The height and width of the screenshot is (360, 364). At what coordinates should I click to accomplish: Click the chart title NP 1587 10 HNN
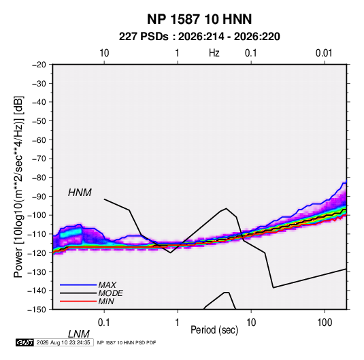pyautogui.click(x=199, y=19)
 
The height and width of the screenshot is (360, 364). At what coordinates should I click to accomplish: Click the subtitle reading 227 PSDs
pyautogui.click(x=144, y=37)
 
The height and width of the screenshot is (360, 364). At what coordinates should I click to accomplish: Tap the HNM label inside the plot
pyautogui.click(x=80, y=193)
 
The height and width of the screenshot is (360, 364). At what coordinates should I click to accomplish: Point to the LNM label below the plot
pyautogui.click(x=78, y=334)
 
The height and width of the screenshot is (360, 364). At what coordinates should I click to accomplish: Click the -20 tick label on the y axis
pyautogui.click(x=39, y=65)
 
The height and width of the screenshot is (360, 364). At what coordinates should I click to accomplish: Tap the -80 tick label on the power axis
pyautogui.click(x=39, y=178)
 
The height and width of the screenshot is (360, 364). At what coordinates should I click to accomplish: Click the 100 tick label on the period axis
pyautogui.click(x=325, y=323)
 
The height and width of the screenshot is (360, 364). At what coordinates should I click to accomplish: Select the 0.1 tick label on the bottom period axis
pyautogui.click(x=103, y=323)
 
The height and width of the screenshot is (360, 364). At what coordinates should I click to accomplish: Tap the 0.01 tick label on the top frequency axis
pyautogui.click(x=324, y=53)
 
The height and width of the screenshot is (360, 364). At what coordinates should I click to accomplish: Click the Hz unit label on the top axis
pyautogui.click(x=214, y=53)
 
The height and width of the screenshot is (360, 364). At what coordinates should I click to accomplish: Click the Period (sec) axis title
pyautogui.click(x=214, y=330)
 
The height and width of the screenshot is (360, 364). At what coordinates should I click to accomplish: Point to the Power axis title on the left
pyautogui.click(x=18, y=187)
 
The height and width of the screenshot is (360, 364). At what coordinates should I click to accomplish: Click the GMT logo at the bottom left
pyautogui.click(x=25, y=342)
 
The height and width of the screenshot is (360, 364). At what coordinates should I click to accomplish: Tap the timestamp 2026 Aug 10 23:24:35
pyautogui.click(x=63, y=342)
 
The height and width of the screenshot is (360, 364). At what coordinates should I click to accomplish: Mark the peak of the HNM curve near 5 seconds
pyautogui.click(x=226, y=208)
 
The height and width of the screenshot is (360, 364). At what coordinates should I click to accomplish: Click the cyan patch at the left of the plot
pyautogui.click(x=71, y=233)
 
